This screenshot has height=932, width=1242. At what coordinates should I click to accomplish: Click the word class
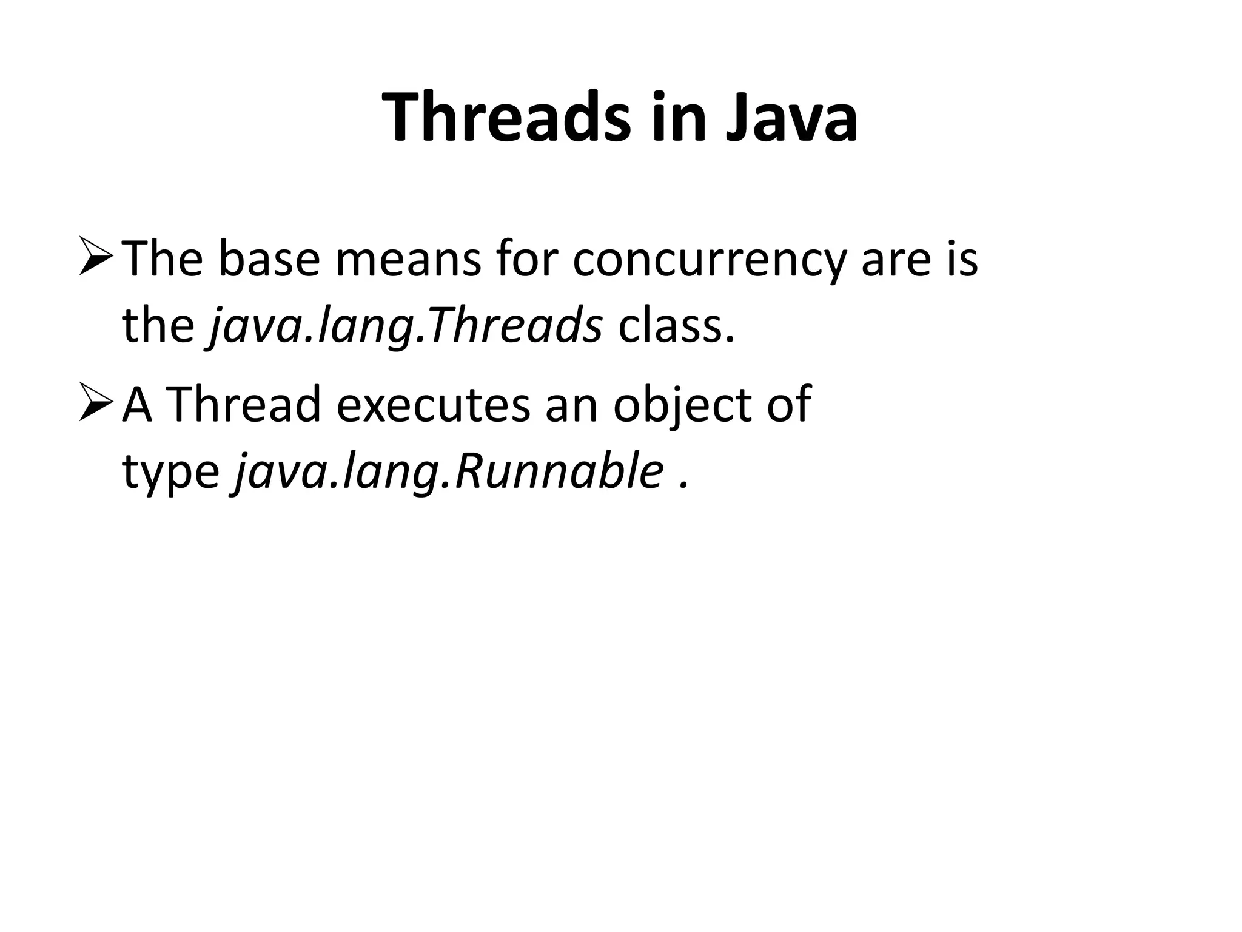pos(676,326)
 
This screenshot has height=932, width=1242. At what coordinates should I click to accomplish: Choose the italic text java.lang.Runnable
pos(448,472)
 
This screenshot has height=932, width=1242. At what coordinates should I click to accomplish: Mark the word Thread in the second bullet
pos(243,404)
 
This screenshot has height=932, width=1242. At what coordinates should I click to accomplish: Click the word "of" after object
pos(788,404)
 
